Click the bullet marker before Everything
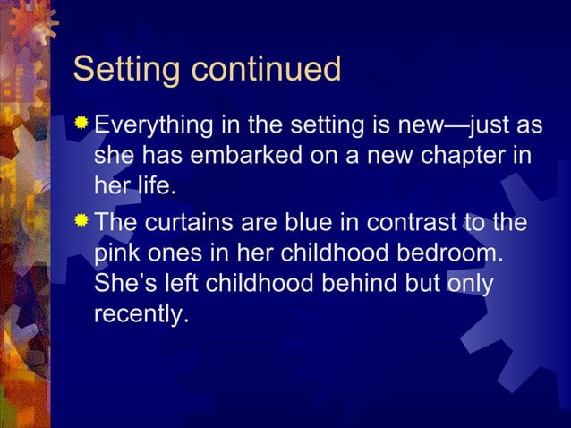point(81,121)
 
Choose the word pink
point(119,253)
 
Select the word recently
point(140,316)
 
